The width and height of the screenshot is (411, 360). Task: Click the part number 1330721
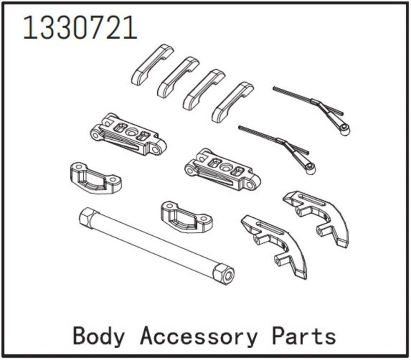[x=80, y=28]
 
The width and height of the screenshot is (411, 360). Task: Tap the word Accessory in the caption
[x=198, y=336]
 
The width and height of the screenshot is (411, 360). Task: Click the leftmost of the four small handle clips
[x=152, y=64]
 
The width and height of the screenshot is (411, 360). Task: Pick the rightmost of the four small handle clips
[x=233, y=102]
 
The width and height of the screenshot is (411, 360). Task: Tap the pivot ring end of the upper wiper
[x=345, y=130]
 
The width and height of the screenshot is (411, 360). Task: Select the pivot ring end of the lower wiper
[x=311, y=168]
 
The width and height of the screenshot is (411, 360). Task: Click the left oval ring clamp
[x=95, y=178]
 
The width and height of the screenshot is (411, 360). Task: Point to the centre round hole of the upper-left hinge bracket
[x=130, y=131]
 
